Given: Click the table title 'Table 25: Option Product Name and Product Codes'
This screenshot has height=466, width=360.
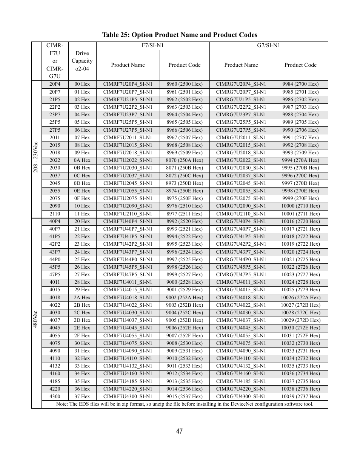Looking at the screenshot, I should tap(179, 35).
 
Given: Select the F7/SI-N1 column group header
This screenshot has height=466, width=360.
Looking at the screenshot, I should tap(152, 46).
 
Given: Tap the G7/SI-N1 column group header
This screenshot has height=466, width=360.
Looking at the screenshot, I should tap(268, 46).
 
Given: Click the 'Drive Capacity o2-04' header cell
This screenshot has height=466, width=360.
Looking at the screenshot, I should tap(82, 61).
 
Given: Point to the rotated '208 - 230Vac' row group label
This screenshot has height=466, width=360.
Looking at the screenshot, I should tap(36, 157).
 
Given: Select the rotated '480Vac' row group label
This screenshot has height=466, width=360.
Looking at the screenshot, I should tap(36, 319).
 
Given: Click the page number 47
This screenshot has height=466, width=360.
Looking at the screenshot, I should tap(179, 431).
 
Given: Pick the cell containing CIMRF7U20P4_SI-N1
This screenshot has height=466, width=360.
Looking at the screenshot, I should tap(128, 84).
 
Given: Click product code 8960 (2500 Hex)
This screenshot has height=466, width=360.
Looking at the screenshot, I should tap(184, 84).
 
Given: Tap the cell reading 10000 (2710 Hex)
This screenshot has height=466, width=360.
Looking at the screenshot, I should tap(300, 206).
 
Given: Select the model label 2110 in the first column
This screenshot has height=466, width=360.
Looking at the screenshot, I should tap(55, 214).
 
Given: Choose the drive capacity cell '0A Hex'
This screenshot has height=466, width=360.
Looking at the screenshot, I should tap(82, 160).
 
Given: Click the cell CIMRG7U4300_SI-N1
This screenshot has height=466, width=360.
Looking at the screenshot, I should tap(241, 397).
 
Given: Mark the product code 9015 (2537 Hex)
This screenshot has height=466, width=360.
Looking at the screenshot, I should tap(184, 397).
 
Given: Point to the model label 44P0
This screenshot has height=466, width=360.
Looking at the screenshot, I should tap(55, 260).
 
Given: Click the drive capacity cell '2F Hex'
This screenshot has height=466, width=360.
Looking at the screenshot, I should tap(82, 335).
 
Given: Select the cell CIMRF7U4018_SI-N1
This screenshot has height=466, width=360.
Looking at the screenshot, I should tap(128, 297).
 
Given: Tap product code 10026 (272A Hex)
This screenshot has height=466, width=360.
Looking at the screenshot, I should tap(300, 297).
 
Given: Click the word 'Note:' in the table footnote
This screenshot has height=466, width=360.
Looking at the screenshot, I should tap(62, 404).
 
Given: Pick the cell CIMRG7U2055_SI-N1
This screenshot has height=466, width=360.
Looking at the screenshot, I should tap(241, 191).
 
